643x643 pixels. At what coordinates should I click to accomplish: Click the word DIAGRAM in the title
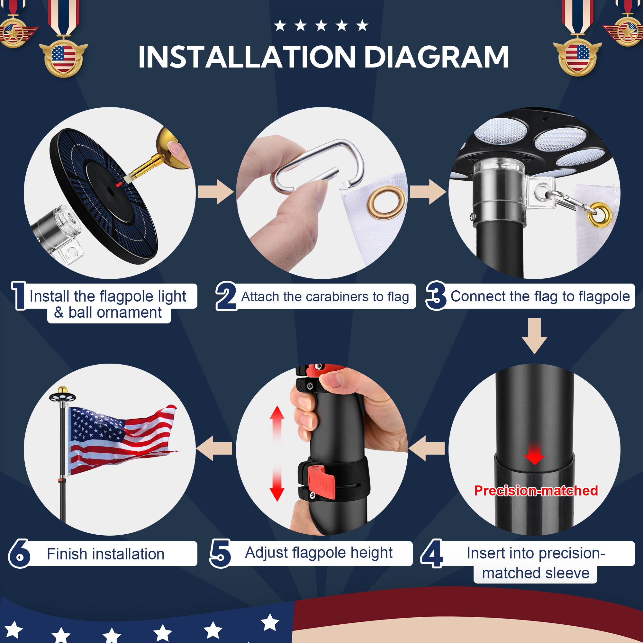click(x=436, y=57)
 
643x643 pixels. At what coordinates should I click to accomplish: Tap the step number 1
click(x=19, y=295)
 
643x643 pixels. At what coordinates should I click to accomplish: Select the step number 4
click(x=432, y=554)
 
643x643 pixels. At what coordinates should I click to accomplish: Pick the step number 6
click(x=19, y=554)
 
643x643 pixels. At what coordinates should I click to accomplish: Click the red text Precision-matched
click(x=536, y=491)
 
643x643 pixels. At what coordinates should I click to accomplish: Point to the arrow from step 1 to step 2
click(x=215, y=192)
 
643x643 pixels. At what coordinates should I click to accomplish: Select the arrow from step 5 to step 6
click(x=214, y=448)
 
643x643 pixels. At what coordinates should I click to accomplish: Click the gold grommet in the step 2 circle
click(x=386, y=203)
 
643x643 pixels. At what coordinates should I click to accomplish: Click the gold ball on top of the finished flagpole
click(x=63, y=390)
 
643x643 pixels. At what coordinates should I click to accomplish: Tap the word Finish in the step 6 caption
click(x=68, y=554)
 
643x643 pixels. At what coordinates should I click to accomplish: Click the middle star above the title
click(x=321, y=25)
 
